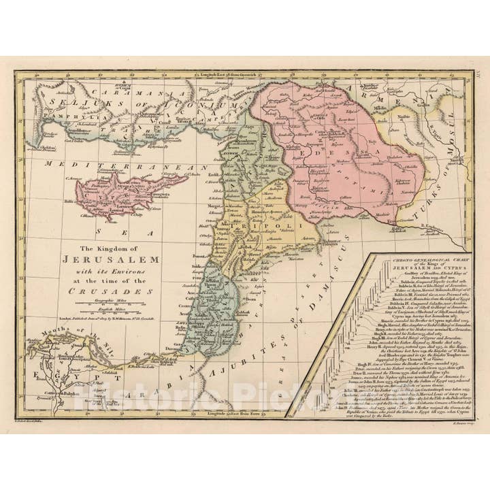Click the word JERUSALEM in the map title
(111, 260)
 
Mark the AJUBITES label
(225, 381)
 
